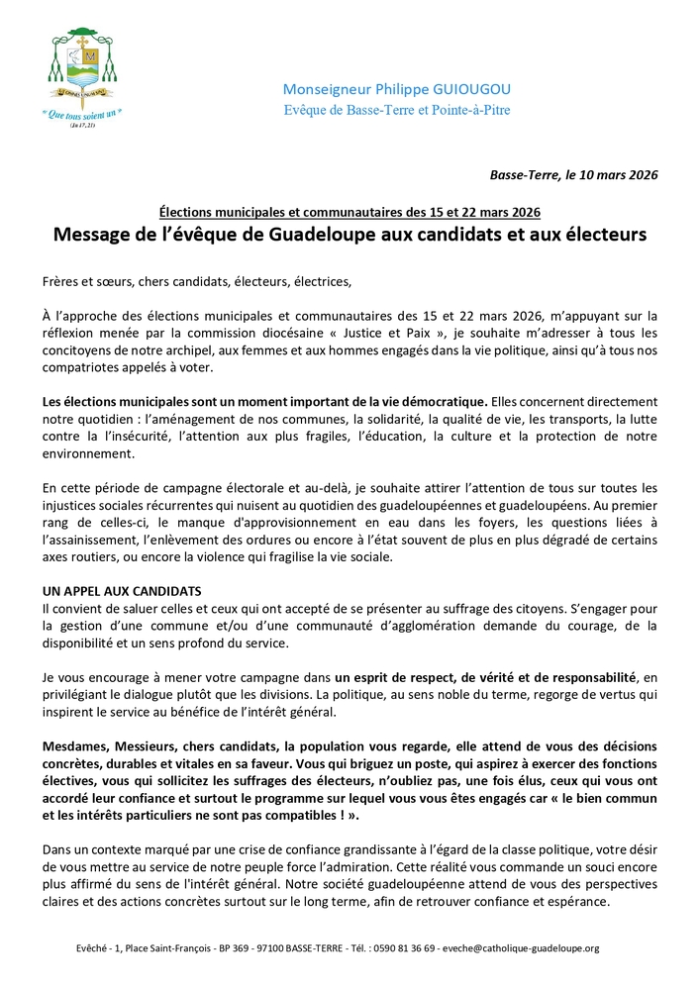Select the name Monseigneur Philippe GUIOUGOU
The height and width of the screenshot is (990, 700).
pos(397,88)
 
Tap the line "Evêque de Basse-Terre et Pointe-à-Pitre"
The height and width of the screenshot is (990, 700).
pos(397,110)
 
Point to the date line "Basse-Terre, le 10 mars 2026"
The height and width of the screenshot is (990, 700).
pos(573,174)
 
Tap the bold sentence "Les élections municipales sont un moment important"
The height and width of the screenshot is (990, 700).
pos(265,400)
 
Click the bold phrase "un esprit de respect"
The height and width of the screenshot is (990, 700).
pos(394,675)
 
